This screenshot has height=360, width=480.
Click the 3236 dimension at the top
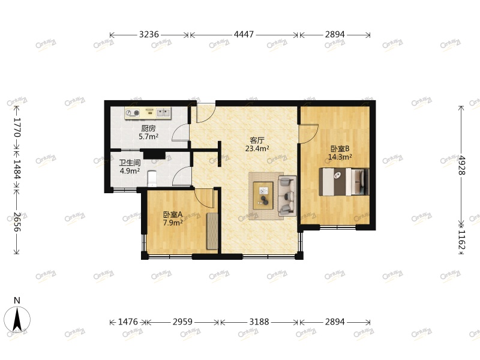(x=149, y=35)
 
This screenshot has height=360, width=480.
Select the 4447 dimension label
(x=244, y=35)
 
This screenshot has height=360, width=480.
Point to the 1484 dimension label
(x=17, y=170)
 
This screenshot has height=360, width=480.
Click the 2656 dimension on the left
(x=17, y=222)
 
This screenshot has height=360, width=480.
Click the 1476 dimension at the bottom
(x=127, y=322)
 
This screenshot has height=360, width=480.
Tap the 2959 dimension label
(x=182, y=322)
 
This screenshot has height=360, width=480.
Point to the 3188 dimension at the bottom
(x=259, y=322)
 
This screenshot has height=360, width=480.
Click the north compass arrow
(x=18, y=319)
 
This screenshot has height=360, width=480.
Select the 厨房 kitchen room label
(x=148, y=128)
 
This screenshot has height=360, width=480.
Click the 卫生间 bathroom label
(x=130, y=162)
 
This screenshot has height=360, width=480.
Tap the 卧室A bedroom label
(x=172, y=215)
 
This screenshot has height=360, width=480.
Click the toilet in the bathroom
(x=152, y=178)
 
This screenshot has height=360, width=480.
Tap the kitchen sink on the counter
(x=163, y=112)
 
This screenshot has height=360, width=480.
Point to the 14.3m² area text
(x=340, y=158)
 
